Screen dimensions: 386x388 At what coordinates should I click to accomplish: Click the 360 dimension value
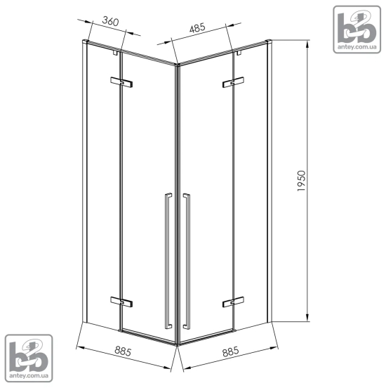point(110,21)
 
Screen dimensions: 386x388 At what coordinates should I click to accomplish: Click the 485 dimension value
point(197,27)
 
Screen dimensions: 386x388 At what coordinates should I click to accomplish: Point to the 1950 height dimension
point(301,181)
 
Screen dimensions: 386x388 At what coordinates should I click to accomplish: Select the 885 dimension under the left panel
point(123,351)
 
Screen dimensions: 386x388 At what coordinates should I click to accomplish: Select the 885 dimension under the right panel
point(231,351)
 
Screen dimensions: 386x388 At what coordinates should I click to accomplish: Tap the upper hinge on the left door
point(121,82)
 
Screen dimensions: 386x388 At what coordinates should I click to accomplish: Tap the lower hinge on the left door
point(121,302)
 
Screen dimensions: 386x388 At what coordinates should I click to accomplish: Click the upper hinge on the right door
point(233,82)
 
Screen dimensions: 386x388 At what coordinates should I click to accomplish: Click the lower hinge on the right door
point(233,302)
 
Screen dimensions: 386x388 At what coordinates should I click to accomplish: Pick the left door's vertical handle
point(168,261)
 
